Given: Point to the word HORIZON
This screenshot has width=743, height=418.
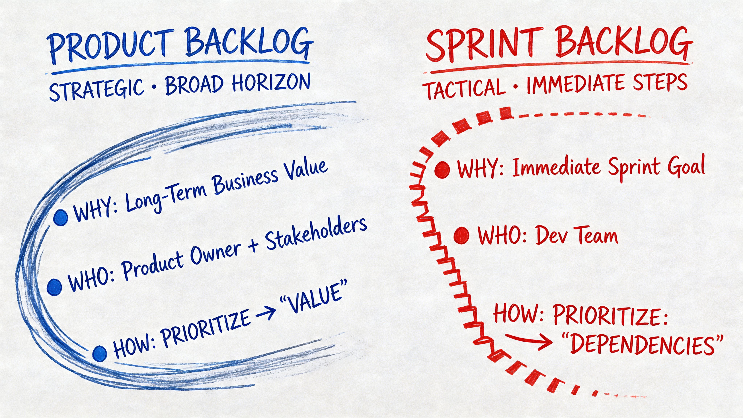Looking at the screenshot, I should coord(271,83).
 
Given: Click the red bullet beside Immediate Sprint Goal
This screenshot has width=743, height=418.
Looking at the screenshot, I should coord(442,169).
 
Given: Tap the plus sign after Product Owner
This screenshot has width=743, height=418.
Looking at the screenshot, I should coord(253,247).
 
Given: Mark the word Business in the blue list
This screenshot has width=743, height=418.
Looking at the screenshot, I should coord(245,182).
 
